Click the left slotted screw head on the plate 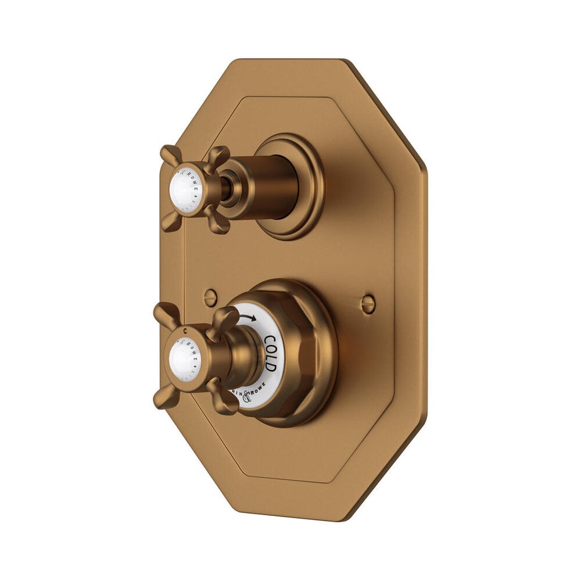[210, 298]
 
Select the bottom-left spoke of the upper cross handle [170, 222]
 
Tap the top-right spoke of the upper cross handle [218, 155]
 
